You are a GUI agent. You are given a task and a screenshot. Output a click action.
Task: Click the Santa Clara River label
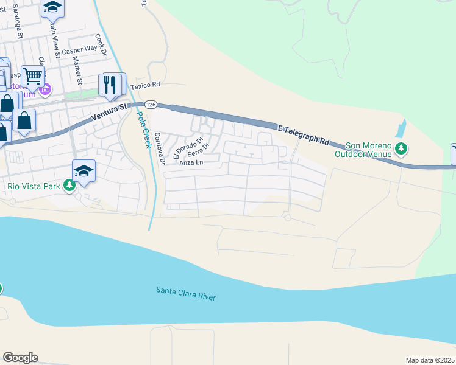pyautogui.click(x=186, y=293)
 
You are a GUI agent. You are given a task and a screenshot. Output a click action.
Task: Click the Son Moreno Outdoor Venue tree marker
pyautogui.click(x=401, y=148)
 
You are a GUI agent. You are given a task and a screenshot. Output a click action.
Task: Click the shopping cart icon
pyautogui.click(x=33, y=76)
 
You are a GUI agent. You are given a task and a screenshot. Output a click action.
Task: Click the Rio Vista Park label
pyautogui.click(x=34, y=186)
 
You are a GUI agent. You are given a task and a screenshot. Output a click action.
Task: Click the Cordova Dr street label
pyautogui.click(x=159, y=149)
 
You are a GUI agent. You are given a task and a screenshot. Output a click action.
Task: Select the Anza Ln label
pyautogui.click(x=191, y=163)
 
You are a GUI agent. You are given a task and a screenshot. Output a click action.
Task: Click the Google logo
pyautogui.click(x=20, y=358)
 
